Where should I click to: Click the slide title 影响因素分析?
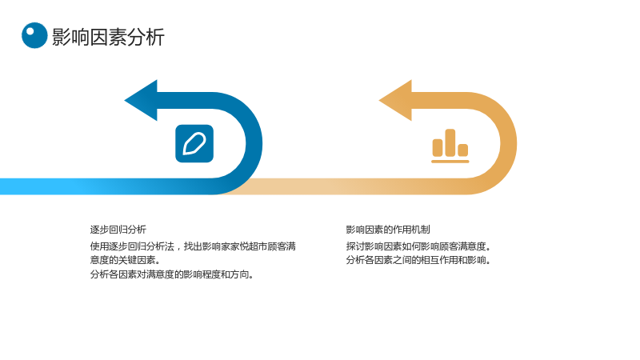tap(108, 37)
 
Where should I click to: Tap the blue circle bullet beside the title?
tap(34, 35)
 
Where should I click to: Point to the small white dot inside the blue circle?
tap(30, 31)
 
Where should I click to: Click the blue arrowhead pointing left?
tap(141, 101)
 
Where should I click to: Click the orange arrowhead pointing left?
tap(395, 101)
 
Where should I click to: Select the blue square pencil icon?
tap(194, 144)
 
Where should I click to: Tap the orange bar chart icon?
tap(450, 146)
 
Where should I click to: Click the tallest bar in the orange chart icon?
tap(450, 142)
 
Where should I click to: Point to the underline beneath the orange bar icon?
tap(450, 162)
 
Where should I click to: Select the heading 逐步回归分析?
tap(118, 230)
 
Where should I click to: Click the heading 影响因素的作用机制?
tap(388, 230)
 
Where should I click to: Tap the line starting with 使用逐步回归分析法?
tap(193, 246)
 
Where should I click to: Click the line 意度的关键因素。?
tap(126, 260)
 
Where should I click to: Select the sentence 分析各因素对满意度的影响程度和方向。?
tap(172, 274)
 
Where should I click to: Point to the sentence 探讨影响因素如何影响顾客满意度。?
tap(418, 246)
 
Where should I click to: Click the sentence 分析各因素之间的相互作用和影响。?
tap(418, 260)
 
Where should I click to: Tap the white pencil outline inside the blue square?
tap(194, 144)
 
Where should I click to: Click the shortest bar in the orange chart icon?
tap(463, 150)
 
